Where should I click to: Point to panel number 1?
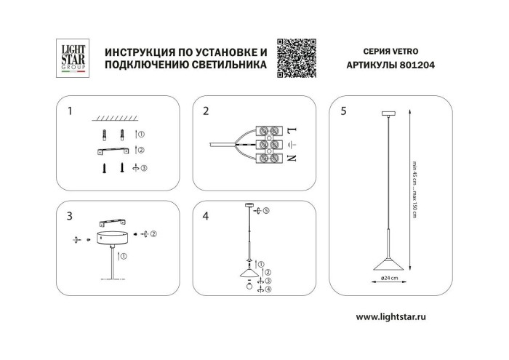(x=70, y=111)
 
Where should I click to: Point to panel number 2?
(x=207, y=111)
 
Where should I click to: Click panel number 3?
(x=70, y=216)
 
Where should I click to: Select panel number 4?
(x=207, y=216)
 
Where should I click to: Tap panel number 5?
(x=343, y=111)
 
